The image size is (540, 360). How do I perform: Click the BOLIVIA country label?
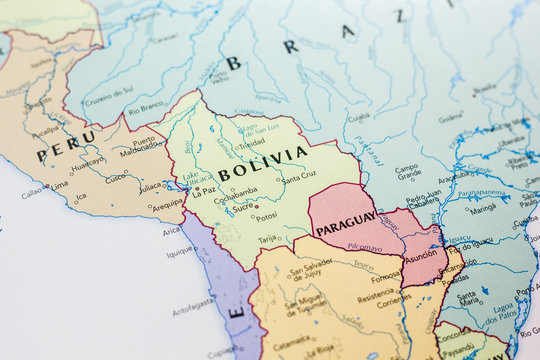(263, 162)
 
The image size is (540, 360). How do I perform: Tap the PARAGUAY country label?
(346, 222)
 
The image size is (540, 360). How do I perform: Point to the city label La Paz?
(205, 192)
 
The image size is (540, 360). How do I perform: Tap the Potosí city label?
(266, 216)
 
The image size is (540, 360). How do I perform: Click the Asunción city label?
(420, 253)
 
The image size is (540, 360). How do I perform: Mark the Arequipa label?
(167, 203)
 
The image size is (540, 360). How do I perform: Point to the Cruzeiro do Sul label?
(107, 101)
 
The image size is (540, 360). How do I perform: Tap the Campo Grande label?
(407, 172)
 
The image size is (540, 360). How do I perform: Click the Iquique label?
(179, 252)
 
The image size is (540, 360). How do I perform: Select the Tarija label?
(267, 239)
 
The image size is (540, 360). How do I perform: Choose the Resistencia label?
(377, 297)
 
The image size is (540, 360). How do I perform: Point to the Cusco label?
(117, 177)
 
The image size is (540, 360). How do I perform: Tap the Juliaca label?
(150, 186)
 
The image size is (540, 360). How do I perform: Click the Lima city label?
(59, 184)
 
